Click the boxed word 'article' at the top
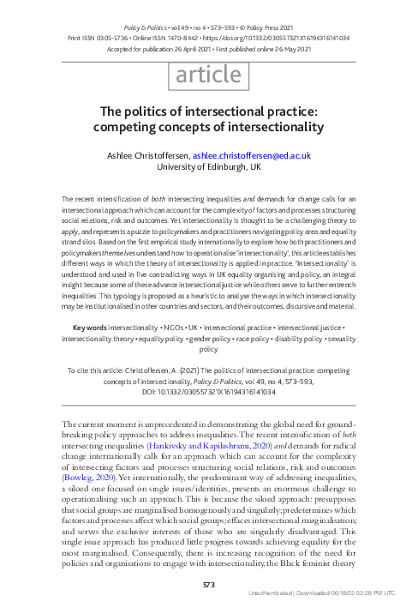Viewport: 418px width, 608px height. pyautogui.click(x=208, y=76)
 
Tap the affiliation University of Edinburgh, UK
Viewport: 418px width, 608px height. pyautogui.click(x=208, y=168)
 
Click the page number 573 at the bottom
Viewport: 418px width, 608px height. pyautogui.click(x=208, y=583)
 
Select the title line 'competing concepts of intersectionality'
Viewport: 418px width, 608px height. pyautogui.click(x=208, y=127)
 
